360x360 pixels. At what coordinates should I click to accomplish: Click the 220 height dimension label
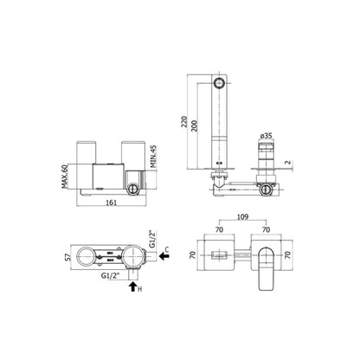[184, 123]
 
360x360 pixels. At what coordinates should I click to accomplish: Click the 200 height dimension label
[195, 125]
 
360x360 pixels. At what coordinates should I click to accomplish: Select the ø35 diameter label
[266, 136]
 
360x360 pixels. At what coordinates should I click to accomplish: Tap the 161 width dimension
[112, 202]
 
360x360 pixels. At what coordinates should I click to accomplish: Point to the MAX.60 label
[65, 177]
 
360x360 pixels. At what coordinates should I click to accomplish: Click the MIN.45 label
[153, 157]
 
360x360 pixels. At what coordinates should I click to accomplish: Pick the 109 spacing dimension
[242, 216]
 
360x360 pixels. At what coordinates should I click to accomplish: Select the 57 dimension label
[67, 257]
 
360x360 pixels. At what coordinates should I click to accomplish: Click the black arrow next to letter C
[164, 255]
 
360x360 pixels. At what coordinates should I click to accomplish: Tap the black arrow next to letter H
[132, 286]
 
